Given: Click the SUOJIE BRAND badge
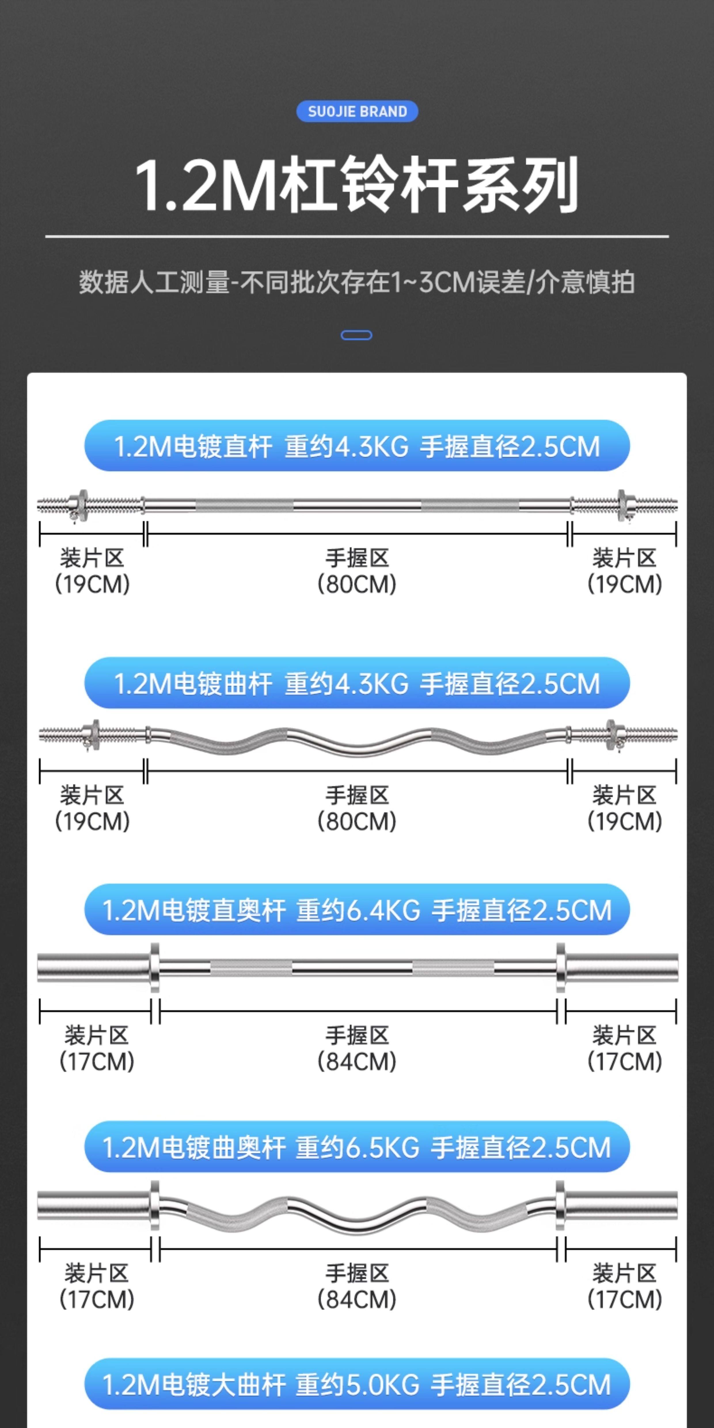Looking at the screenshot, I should pyautogui.click(x=357, y=111).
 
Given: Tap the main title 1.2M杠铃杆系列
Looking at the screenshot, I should pyautogui.click(x=357, y=185).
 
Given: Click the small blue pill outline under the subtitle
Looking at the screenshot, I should pyautogui.click(x=356, y=335).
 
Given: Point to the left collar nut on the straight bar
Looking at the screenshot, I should pyautogui.click(x=81, y=505).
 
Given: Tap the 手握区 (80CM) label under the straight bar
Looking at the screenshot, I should pyautogui.click(x=357, y=571).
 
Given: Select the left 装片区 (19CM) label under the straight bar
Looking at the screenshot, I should pyautogui.click(x=92, y=571).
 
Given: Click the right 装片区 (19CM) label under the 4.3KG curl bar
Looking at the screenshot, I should pyautogui.click(x=625, y=808).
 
